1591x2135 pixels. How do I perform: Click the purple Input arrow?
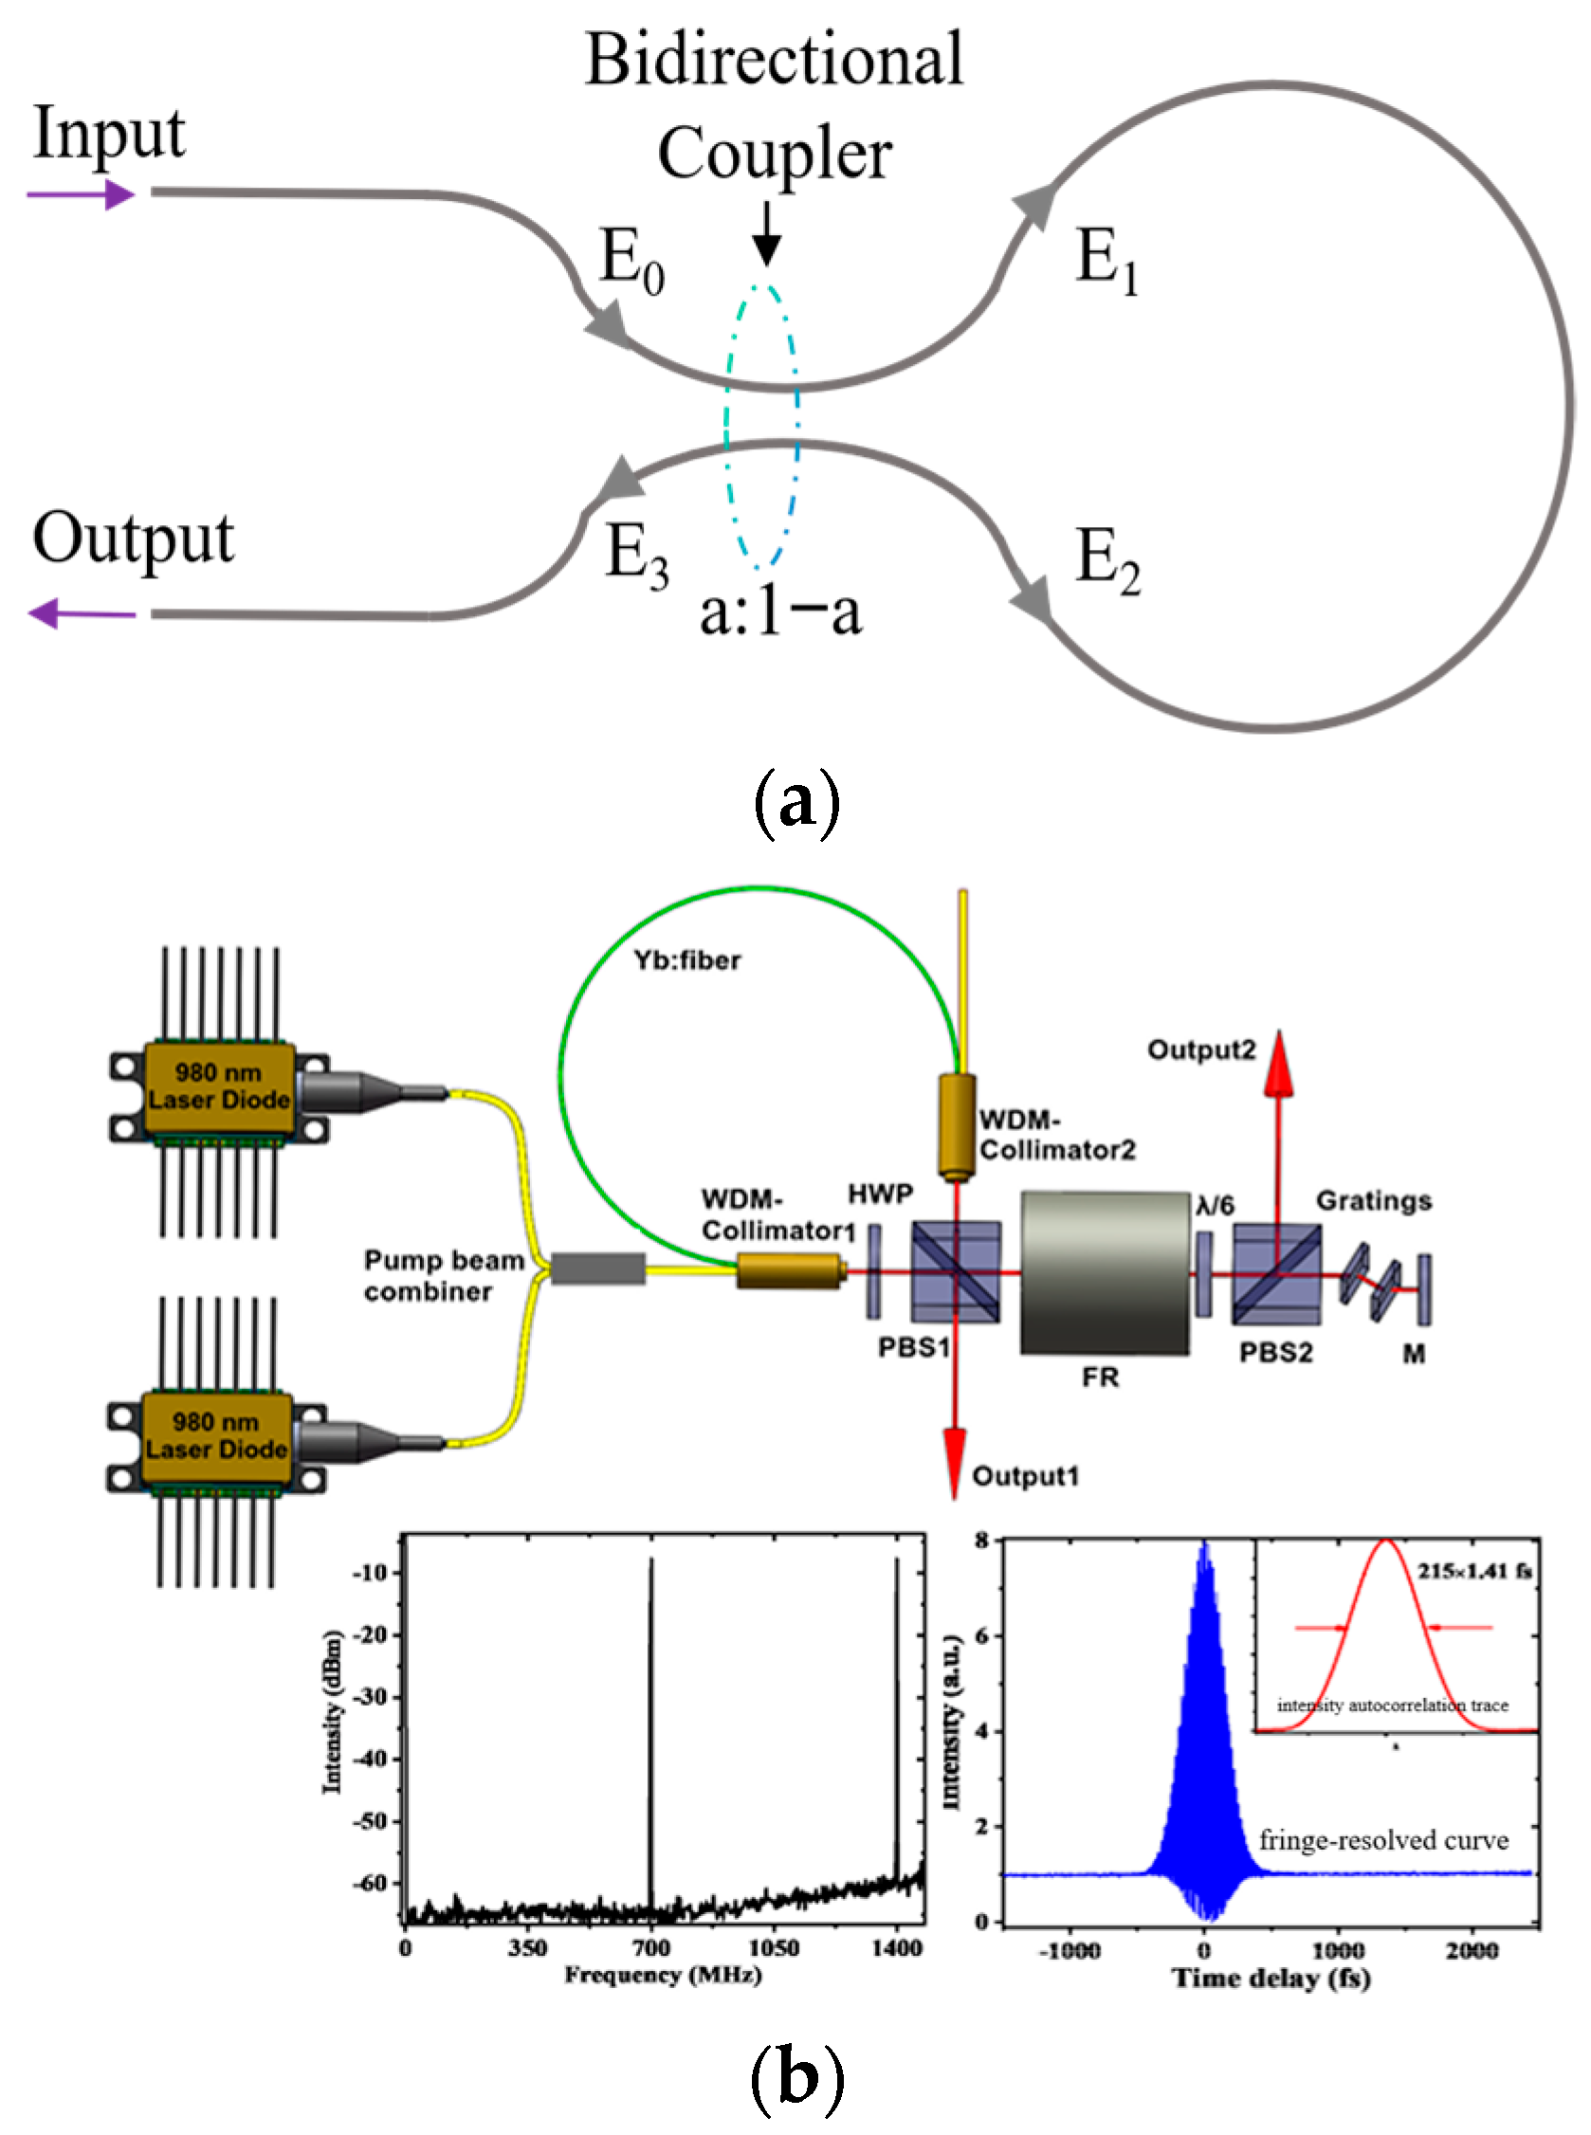pyautogui.click(x=81, y=195)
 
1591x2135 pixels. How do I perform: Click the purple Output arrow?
pyautogui.click(x=82, y=613)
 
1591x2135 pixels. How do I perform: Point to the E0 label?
pyautogui.click(x=631, y=260)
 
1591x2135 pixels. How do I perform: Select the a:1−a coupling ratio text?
pyautogui.click(x=780, y=612)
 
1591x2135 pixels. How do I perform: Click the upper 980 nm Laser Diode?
pyautogui.click(x=219, y=1089)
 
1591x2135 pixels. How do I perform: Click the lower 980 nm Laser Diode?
pyautogui.click(x=217, y=1438)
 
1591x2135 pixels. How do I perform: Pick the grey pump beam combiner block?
pyautogui.click(x=598, y=1268)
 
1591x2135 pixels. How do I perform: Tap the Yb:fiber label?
pyautogui.click(x=686, y=960)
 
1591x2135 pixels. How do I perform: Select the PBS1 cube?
pyautogui.click(x=956, y=1272)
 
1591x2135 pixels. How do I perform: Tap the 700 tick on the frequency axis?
pyautogui.click(x=651, y=1947)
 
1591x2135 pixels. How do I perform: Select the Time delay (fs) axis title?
pyautogui.click(x=1271, y=1978)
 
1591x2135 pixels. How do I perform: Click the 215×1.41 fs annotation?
pyautogui.click(x=1473, y=1571)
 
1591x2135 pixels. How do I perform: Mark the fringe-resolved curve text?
pyautogui.click(x=1383, y=1840)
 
